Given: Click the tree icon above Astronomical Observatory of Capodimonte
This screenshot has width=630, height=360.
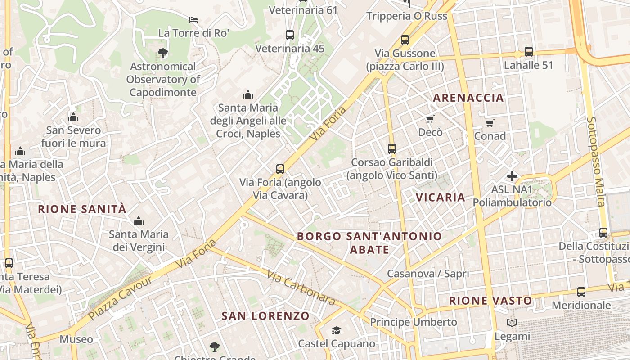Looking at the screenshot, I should coord(163,53).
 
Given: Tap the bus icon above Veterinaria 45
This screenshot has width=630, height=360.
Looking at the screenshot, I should coord(290,35).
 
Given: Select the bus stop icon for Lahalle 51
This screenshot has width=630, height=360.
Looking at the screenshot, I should coord(529,51).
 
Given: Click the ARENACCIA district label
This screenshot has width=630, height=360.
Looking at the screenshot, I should coord(468,98).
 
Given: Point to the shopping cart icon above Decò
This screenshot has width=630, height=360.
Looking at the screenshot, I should coord(430,119).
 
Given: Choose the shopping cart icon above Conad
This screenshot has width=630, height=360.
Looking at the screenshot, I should coord(490,123).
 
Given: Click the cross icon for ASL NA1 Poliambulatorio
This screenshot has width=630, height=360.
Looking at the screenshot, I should coord(512,176).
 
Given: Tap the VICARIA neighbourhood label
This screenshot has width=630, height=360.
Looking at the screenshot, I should coord(441,197).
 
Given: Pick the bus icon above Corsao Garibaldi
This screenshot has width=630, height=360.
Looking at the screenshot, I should coord(392,148).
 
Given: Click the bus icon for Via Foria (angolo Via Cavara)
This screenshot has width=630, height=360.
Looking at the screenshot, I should coord(280,169).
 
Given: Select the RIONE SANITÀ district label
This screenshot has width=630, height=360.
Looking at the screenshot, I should coord(82,209).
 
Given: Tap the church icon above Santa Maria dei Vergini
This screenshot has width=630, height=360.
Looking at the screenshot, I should coord(139,221).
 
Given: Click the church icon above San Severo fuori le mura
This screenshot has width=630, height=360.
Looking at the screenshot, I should coord(73,117).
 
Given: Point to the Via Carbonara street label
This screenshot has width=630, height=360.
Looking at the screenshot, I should coord(301,288).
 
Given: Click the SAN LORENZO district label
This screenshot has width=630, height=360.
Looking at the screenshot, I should coord(265,316).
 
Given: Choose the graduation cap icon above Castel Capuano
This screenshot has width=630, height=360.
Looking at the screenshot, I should coord(336,331).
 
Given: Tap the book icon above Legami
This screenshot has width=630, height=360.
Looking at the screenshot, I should coord(512,323).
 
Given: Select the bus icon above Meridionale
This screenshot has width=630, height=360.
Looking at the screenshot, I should coord(581,292).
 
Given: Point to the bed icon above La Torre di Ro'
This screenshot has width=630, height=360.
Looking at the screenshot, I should coord(193,20).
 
